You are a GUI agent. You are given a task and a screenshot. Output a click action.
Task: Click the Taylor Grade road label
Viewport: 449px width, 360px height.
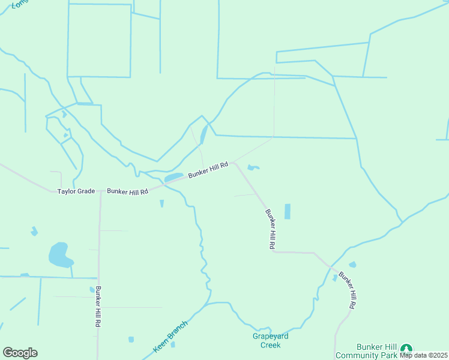[76, 191]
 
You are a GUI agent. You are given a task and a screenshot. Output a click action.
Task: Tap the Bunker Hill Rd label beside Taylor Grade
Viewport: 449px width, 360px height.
[127, 191]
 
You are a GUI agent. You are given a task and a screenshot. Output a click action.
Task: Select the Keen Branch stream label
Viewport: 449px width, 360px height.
[170, 337]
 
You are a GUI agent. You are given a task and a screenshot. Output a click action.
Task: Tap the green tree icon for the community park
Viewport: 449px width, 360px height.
[407, 349]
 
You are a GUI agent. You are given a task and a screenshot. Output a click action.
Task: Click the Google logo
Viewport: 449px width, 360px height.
[20, 353]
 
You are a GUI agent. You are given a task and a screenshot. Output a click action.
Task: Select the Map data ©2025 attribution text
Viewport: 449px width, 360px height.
[423, 355]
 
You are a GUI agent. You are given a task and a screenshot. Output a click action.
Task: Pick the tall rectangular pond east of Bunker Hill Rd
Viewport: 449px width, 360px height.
[287, 211]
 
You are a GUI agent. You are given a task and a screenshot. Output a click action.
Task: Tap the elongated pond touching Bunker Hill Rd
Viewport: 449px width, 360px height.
[174, 178]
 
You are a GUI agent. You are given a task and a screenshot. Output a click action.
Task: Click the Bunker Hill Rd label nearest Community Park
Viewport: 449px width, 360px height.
[348, 291]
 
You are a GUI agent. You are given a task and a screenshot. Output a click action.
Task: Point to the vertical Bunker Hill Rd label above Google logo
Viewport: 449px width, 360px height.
[98, 306]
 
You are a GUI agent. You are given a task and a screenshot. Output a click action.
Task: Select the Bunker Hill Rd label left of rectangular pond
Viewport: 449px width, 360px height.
[270, 229]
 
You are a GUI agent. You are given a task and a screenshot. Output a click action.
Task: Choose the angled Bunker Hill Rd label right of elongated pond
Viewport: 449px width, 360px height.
[208, 169]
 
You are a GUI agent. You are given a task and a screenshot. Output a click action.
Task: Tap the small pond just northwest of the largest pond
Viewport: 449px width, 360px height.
[34, 231]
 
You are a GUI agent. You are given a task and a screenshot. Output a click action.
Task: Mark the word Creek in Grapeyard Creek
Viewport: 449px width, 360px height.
[270, 345]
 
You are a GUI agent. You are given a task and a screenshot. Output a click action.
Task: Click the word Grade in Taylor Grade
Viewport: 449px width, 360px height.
[85, 191]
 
